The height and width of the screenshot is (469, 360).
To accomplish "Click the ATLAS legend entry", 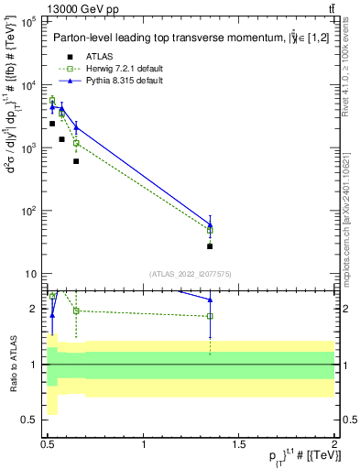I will click(x=96, y=57).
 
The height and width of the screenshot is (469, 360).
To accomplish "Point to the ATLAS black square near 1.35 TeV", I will click(x=210, y=246).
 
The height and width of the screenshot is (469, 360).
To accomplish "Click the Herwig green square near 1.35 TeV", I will click(x=210, y=231).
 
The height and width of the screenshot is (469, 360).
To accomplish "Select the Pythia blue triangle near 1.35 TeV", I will click(x=210, y=224).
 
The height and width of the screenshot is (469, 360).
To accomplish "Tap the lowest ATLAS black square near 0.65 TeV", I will click(x=76, y=161).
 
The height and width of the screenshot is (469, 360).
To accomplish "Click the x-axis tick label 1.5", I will click(x=239, y=444).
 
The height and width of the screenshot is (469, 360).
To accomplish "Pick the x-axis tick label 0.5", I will click(x=48, y=444).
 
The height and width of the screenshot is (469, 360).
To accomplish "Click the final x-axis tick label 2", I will click(x=334, y=444).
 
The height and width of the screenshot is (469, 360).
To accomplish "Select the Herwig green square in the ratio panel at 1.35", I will click(x=210, y=316).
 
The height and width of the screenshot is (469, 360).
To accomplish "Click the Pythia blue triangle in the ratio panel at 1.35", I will click(x=210, y=300).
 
